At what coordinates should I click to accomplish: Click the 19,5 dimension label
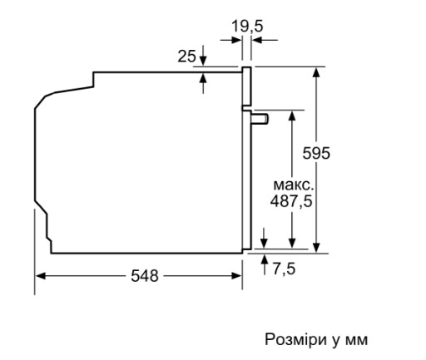(x=247, y=27)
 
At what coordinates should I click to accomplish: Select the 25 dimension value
(x=186, y=56)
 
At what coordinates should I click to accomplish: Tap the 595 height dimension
(x=316, y=153)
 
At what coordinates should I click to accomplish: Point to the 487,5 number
(x=291, y=201)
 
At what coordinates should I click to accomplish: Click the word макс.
(x=294, y=185)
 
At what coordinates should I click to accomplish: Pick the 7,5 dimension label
(x=284, y=269)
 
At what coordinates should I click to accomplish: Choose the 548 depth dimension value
(x=145, y=276)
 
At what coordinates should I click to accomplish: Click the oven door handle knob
(x=260, y=119)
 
